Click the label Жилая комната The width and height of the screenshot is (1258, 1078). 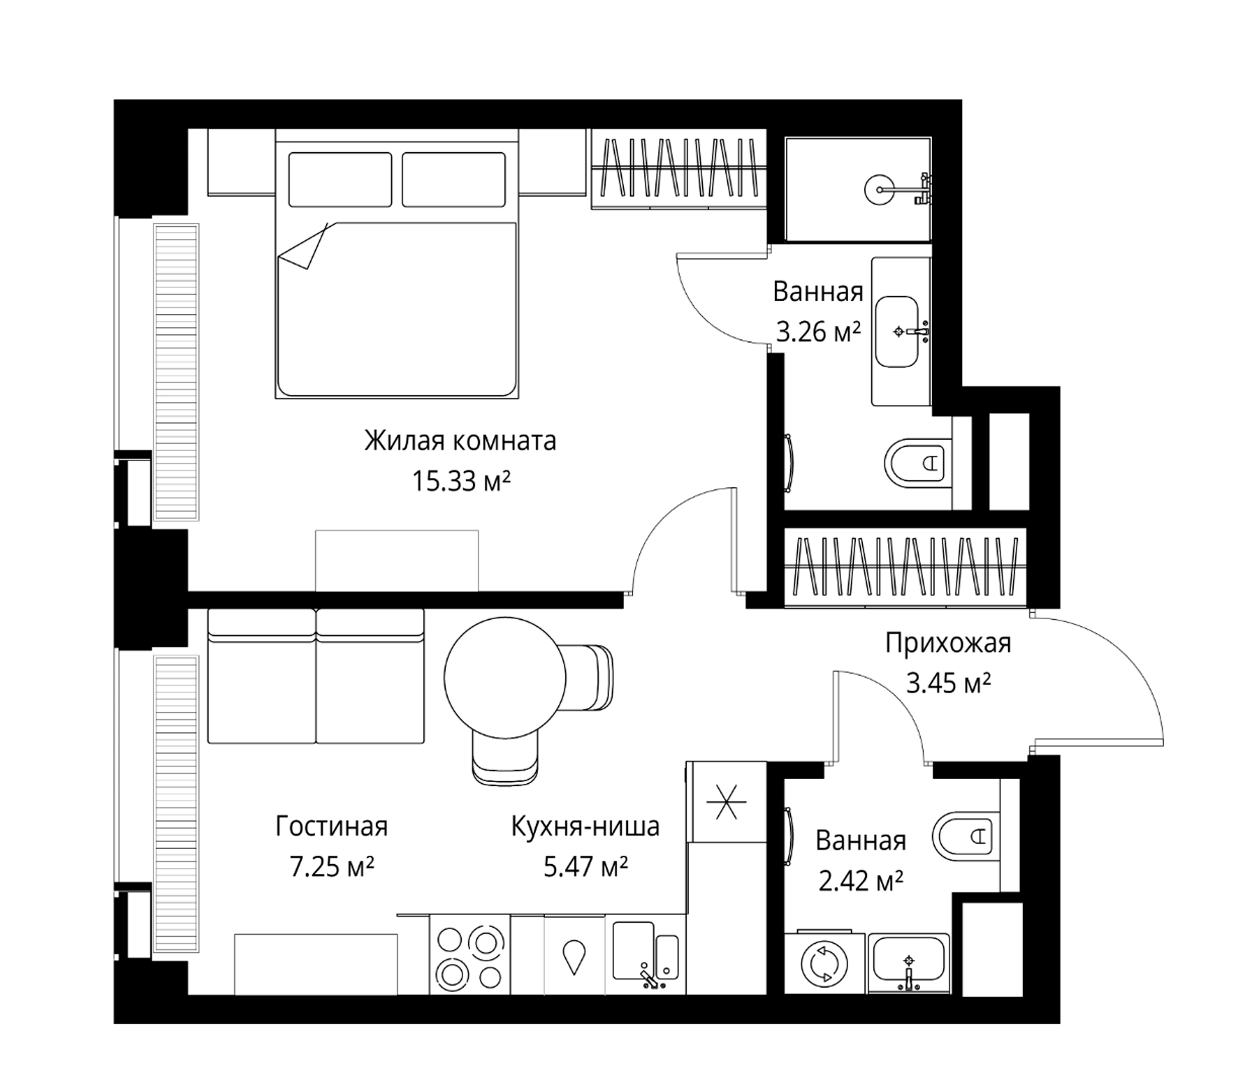pyautogui.click(x=459, y=441)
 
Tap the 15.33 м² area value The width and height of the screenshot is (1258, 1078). pyautogui.click(x=461, y=482)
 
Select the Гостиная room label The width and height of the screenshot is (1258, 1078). pyautogui.click(x=331, y=826)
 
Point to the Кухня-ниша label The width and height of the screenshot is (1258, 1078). pyautogui.click(x=585, y=826)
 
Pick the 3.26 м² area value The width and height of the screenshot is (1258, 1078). pyautogui.click(x=818, y=332)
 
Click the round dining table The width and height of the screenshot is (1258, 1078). pyautogui.click(x=505, y=677)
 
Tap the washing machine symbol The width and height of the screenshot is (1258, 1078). pyautogui.click(x=824, y=963)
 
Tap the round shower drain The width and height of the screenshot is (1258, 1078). pyautogui.click(x=879, y=189)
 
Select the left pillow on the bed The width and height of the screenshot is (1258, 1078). pyautogui.click(x=340, y=180)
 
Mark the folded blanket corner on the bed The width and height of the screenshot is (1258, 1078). pyautogui.click(x=303, y=246)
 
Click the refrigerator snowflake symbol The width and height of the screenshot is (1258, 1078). pyautogui.click(x=726, y=802)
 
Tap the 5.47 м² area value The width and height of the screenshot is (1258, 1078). pyautogui.click(x=585, y=867)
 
